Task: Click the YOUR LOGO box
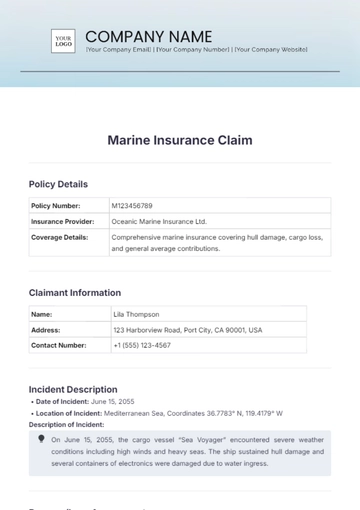pyautogui.click(x=64, y=40)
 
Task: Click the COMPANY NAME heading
pyautogui.click(x=149, y=36)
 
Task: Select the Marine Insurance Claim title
pyautogui.click(x=180, y=140)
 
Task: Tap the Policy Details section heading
pyautogui.click(x=58, y=184)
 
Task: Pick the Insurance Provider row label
pyautogui.click(x=63, y=222)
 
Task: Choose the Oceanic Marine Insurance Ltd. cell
pyautogui.click(x=160, y=222)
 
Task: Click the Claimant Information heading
pyautogui.click(x=75, y=293)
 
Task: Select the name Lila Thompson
pyautogui.click(x=136, y=314)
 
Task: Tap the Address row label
pyautogui.click(x=46, y=330)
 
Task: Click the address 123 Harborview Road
pyautogui.click(x=187, y=330)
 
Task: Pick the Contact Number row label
pyautogui.click(x=58, y=345)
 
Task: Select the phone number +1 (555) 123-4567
pyautogui.click(x=142, y=345)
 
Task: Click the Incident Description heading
pyautogui.click(x=73, y=389)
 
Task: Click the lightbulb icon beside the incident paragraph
pyautogui.click(x=41, y=438)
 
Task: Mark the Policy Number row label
pyautogui.click(x=56, y=206)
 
